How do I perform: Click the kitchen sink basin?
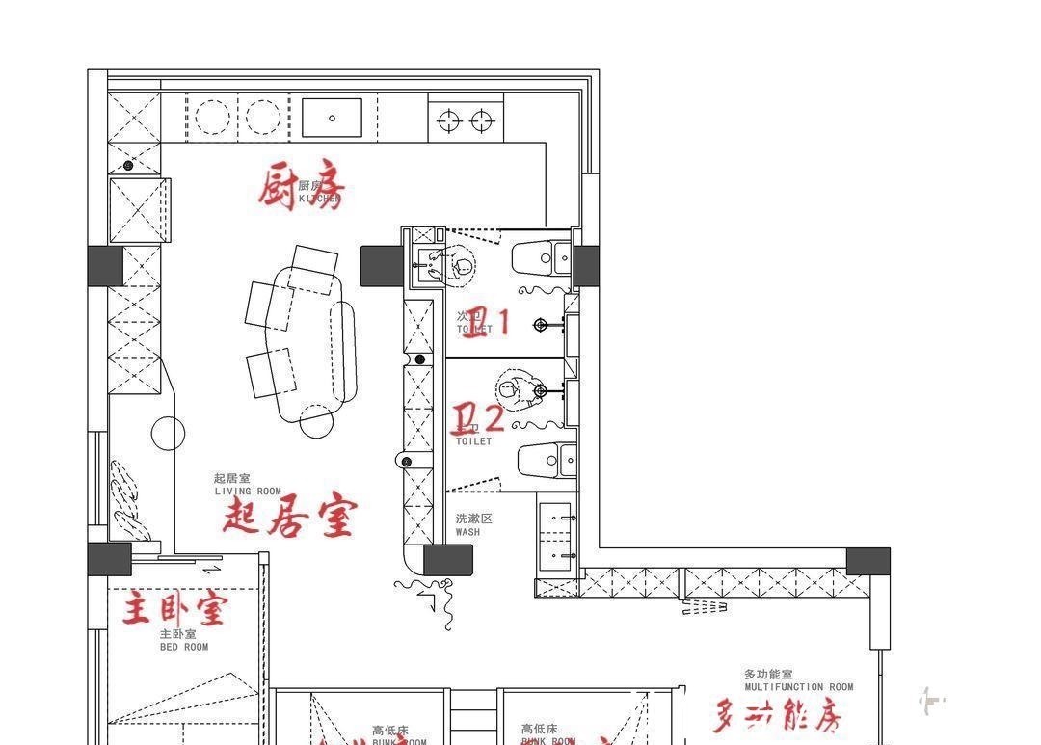tap(332, 118)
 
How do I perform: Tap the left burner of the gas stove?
tap(448, 120)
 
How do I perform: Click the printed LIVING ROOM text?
tap(248, 492)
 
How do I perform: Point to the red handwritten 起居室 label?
tap(289, 516)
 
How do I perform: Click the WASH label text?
tap(467, 532)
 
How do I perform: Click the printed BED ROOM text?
tap(183, 648)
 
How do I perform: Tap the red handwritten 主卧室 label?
tap(174, 609)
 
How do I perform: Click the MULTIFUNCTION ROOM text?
tap(798, 687)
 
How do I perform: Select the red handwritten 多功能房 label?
tap(778, 716)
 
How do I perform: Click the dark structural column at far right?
tap(867, 562)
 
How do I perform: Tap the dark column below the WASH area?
tap(448, 560)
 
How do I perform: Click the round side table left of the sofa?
tap(169, 433)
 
